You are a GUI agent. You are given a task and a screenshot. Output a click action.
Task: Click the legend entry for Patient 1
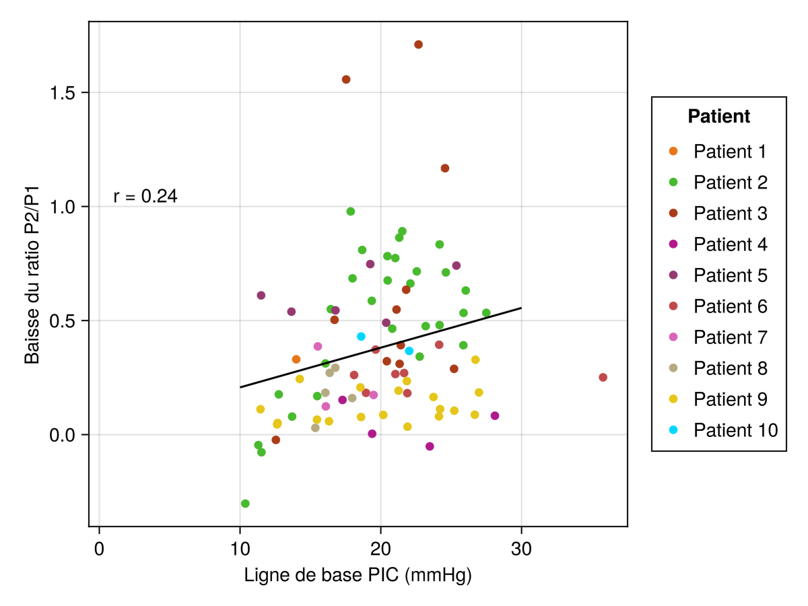coord(729,151)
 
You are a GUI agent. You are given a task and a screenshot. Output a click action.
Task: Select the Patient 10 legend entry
coord(735,430)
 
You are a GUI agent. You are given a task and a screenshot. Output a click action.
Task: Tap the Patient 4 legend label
coord(730,244)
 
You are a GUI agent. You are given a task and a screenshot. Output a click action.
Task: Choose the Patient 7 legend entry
coord(730,337)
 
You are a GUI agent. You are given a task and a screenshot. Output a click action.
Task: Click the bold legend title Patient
coord(718,116)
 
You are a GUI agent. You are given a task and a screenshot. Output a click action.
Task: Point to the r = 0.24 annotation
coord(145,197)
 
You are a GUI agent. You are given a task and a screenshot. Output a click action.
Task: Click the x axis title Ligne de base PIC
coord(358,576)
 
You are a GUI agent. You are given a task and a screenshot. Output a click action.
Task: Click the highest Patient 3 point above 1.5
coord(418,44)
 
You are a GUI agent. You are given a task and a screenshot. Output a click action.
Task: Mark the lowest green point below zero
coord(245,504)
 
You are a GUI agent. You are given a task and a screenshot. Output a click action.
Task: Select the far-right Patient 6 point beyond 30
coord(603,377)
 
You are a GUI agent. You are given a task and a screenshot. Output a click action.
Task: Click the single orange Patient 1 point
coord(296,360)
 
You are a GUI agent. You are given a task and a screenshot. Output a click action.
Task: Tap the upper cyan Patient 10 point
coord(361,337)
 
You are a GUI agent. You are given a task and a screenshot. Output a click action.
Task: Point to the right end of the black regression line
coord(521,308)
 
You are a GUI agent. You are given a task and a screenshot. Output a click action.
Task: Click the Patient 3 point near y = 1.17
coord(445,168)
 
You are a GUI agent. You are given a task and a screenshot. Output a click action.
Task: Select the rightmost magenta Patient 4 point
coord(495,416)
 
